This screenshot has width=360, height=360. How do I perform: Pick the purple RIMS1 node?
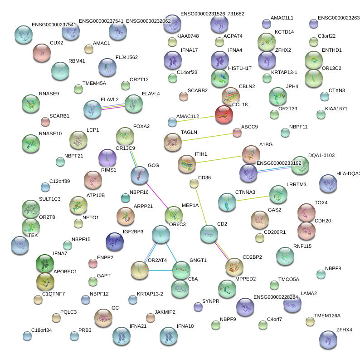click(107, 158)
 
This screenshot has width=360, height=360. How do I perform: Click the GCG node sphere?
click(140, 175)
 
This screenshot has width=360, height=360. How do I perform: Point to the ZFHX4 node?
click(328, 340)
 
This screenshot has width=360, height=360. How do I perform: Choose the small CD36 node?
click(194, 183)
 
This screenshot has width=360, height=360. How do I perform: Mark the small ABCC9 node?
click(237, 133)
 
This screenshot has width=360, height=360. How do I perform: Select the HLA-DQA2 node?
click(328, 183)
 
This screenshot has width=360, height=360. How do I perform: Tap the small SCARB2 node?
click(184, 96)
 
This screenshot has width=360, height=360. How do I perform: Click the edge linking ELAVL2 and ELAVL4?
click(113, 106)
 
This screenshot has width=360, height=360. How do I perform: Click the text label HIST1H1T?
click(240, 68)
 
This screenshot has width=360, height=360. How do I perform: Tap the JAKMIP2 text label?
click(165, 312)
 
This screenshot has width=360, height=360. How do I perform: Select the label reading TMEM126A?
click(327, 316)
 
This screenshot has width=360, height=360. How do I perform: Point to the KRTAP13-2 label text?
click(150, 294)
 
